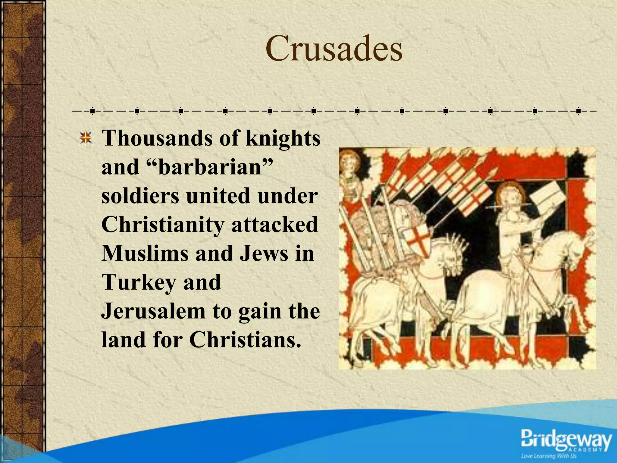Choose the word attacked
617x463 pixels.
pos(274,224)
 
